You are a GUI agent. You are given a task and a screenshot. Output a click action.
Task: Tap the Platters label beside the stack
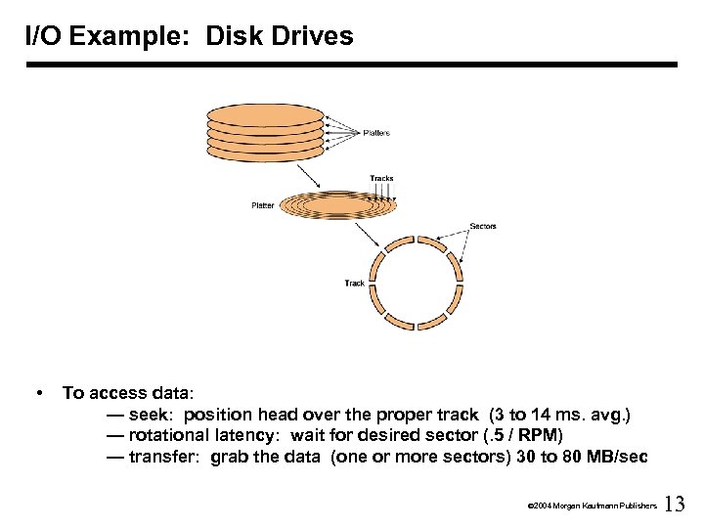coord(376,132)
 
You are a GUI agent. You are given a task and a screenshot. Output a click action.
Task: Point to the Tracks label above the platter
coord(381,178)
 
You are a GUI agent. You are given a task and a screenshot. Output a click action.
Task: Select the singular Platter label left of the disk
coord(263,205)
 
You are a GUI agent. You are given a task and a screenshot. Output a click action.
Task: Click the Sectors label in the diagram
coord(483,227)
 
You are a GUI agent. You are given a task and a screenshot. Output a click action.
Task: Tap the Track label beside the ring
coord(354,284)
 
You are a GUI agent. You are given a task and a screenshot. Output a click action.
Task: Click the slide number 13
coord(675,505)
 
